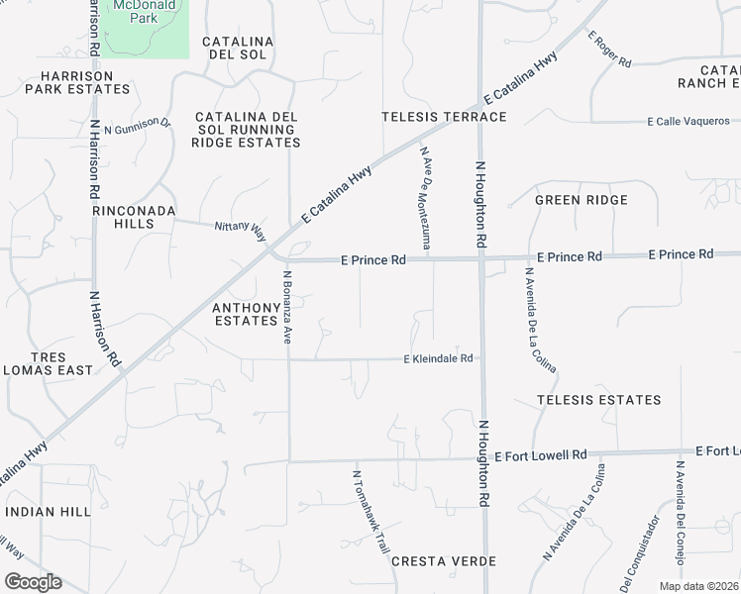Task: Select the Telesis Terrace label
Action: [444, 117]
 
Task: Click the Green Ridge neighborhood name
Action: [581, 200]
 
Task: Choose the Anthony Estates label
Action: [246, 314]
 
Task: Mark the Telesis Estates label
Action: [598, 400]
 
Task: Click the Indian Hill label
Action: [48, 511]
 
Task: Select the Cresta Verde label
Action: [443, 561]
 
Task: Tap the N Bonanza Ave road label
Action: [287, 307]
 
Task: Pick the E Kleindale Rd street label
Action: [438, 358]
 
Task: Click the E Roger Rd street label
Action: [609, 49]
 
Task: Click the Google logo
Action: [33, 582]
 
